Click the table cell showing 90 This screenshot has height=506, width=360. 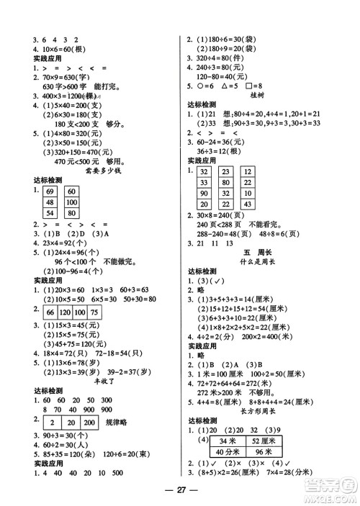tap(205, 194)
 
